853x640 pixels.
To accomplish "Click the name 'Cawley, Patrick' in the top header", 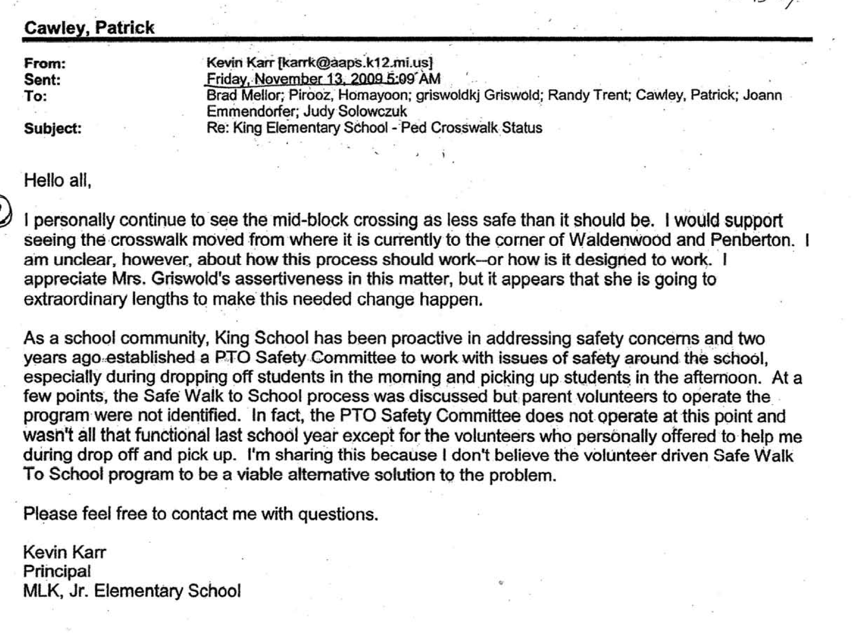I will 89,28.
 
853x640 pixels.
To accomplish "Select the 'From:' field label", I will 45,63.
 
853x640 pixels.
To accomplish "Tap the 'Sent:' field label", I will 42,79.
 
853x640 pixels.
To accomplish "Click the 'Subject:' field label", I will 53,128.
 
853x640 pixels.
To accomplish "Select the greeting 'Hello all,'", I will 58,180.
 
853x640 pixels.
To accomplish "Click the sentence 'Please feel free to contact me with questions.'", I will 201,514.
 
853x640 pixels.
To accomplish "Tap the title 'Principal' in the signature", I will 57,571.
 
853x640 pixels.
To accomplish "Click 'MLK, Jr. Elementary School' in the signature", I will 132,591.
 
